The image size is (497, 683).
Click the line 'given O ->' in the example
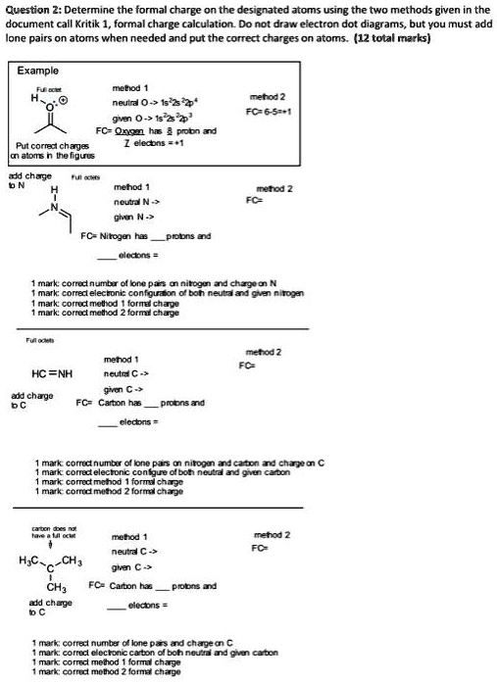click(x=136, y=114)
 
